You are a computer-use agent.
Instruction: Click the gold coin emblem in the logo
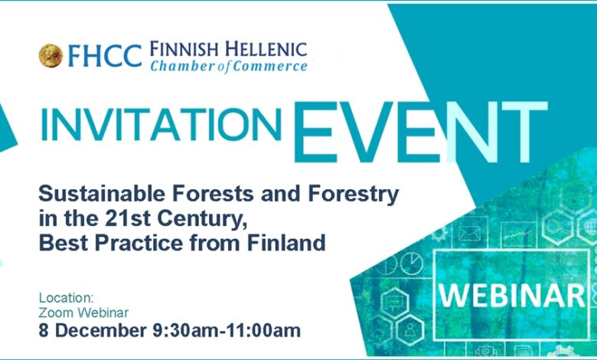point(51,56)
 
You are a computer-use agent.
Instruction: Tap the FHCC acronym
point(105,56)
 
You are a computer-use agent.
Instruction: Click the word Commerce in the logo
point(270,66)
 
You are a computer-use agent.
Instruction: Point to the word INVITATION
point(161,125)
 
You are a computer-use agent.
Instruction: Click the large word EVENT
point(420,133)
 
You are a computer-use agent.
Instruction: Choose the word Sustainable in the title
point(102,193)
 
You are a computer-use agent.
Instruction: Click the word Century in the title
point(202,219)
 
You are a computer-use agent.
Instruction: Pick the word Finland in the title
point(286,243)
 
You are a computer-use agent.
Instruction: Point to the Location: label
point(67,297)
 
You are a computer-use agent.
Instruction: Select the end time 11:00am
point(263,330)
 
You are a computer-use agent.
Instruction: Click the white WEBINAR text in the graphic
point(512,296)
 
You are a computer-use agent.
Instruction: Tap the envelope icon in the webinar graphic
point(469,233)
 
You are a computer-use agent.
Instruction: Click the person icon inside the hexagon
point(409,329)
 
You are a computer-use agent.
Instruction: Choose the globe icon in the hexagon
point(591,227)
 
